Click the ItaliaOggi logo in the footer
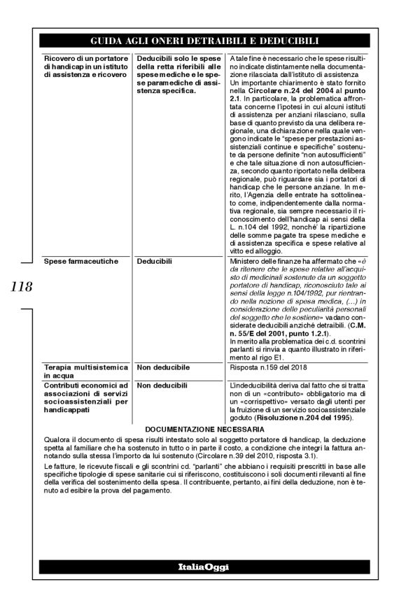[x=202, y=565]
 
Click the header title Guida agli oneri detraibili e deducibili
[x=202, y=40]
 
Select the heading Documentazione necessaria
[x=203, y=429]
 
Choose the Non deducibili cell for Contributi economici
[x=162, y=386]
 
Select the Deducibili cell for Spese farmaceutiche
[x=155, y=261]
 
